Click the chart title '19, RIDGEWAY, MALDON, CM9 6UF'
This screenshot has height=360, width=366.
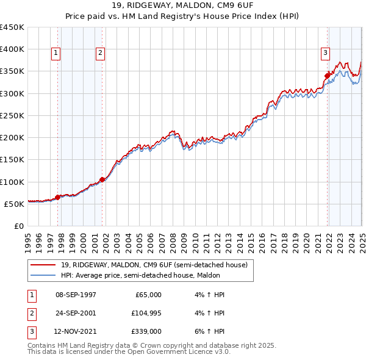tap(182, 7)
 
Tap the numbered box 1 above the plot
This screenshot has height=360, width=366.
tap(56, 53)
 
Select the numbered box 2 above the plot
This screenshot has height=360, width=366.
tap(99, 53)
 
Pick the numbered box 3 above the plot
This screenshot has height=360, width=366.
tap(325, 53)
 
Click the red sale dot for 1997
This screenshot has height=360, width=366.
tap(57, 197)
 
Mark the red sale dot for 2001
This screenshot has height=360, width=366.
tap(102, 179)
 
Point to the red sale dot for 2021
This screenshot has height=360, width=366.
tap(328, 76)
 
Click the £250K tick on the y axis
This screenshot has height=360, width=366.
tap(13, 115)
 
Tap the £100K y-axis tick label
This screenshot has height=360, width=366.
tap(13, 182)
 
